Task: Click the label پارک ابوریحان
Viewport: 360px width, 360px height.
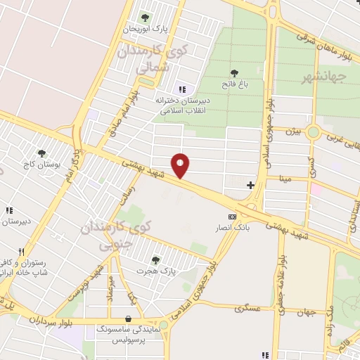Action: click(146, 29)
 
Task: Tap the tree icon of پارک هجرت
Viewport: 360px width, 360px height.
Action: click(155, 260)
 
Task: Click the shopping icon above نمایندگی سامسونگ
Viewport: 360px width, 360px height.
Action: click(127, 318)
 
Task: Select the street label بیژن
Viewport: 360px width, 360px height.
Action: click(295, 131)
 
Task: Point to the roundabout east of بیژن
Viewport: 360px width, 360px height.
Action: click(314, 132)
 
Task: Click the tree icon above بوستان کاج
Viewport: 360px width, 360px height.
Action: click(41, 153)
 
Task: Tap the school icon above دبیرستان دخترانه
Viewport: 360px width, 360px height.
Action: click(182, 89)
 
